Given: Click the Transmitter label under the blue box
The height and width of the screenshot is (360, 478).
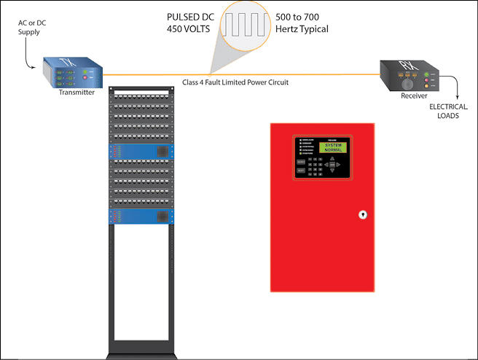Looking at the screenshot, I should pos(77,92).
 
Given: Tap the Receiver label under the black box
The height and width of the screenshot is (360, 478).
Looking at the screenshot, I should pos(414,95).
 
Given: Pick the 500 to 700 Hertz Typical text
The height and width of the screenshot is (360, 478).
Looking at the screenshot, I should pos(302,23).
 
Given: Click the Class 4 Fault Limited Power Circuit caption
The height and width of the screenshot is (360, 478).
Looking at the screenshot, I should pos(235,82).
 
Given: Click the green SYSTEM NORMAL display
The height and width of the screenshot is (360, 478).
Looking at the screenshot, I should pos(332,147).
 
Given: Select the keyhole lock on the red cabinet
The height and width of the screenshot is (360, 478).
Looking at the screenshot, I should pos(361,215).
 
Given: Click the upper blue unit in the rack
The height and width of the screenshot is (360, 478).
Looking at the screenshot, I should pos(139,152).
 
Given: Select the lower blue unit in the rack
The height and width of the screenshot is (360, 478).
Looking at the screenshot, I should pos(139,216).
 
